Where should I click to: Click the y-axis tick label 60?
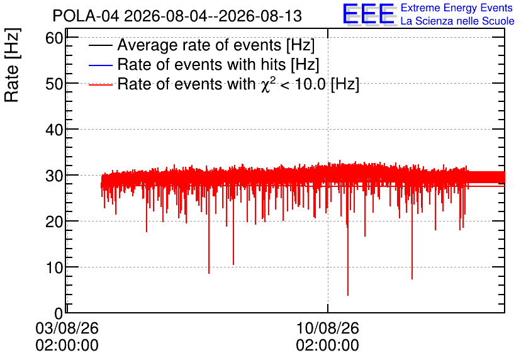[x=54, y=38]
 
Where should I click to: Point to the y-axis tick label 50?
[x=54, y=84]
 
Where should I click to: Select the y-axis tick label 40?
[x=54, y=130]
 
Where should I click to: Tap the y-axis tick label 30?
[x=54, y=176]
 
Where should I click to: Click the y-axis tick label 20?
[x=54, y=222]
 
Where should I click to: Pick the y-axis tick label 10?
[x=54, y=267]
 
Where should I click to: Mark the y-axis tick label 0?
[x=59, y=313]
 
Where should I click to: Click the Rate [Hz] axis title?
[x=12, y=65]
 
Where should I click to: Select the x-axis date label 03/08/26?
[x=67, y=328]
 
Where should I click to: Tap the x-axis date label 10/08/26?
[x=327, y=328]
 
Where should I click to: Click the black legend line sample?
[x=100, y=45]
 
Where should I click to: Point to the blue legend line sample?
[x=100, y=65]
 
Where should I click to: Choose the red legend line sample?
[x=100, y=84]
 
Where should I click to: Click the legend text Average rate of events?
[x=199, y=45]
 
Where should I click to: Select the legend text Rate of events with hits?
[x=201, y=64]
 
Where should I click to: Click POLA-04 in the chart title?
[x=86, y=16]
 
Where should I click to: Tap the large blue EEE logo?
[x=369, y=14]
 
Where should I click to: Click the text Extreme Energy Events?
[x=457, y=8]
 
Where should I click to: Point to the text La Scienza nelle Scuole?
[x=457, y=21]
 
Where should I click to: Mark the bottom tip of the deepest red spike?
[x=348, y=295]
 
